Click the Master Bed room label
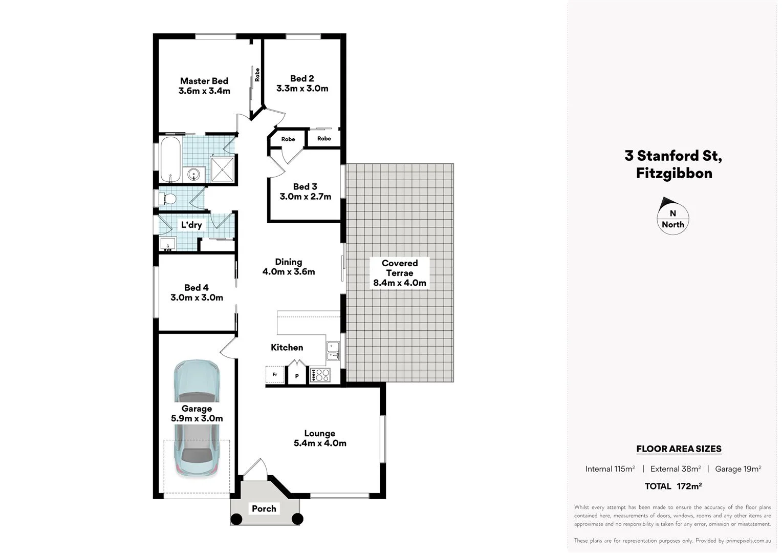[x=204, y=81]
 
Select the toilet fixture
[x=169, y=199]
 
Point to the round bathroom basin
[x=194, y=175]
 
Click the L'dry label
[x=191, y=225]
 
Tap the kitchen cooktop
[x=320, y=375]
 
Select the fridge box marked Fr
[x=275, y=375]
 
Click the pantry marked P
[x=297, y=376]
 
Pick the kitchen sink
[x=333, y=350]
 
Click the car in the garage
[x=197, y=418]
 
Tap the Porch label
[x=264, y=508]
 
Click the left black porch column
[x=236, y=519]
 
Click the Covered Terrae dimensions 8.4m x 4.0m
[x=400, y=283]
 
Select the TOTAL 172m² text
[x=673, y=486]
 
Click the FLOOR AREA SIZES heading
[x=679, y=449]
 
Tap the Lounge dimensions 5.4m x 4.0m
[x=320, y=443]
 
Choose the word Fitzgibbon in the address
[x=674, y=173]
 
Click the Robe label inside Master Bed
[x=257, y=75]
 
